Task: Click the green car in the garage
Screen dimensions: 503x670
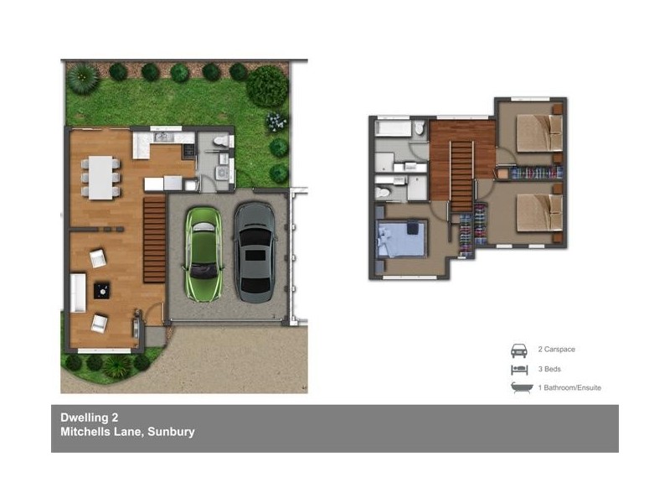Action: (x=203, y=253)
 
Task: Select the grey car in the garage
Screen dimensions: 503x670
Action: (x=255, y=251)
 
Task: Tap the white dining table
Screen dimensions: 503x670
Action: (x=101, y=178)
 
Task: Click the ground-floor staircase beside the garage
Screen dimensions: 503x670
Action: (x=153, y=237)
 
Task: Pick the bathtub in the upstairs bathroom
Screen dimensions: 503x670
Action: (x=393, y=129)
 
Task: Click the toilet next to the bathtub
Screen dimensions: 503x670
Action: (x=420, y=129)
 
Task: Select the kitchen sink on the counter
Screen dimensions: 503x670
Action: (x=163, y=136)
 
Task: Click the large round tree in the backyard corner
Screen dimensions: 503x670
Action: (x=267, y=86)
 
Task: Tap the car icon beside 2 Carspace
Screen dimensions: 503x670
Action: (x=519, y=350)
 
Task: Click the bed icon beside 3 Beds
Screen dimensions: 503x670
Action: (x=519, y=369)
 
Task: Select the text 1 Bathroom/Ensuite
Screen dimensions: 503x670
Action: (x=569, y=388)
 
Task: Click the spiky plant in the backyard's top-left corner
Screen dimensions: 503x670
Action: (x=83, y=78)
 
